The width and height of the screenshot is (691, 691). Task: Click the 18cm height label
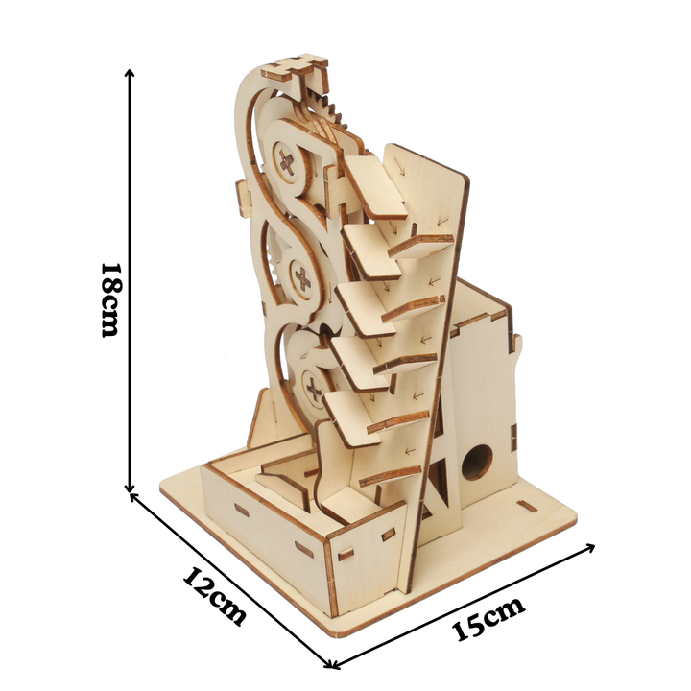click(x=109, y=300)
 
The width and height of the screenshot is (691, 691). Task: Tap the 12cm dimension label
click(x=215, y=596)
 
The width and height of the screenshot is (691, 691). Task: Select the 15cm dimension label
click(x=488, y=618)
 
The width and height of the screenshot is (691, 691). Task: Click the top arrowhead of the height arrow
click(x=130, y=73)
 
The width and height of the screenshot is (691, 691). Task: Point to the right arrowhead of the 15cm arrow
click(x=589, y=548)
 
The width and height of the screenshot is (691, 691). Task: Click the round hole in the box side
click(x=477, y=462)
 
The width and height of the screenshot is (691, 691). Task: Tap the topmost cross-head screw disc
click(x=287, y=162)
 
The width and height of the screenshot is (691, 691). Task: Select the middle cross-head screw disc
click(x=302, y=278)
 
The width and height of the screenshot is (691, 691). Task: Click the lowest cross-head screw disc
click(x=314, y=389)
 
